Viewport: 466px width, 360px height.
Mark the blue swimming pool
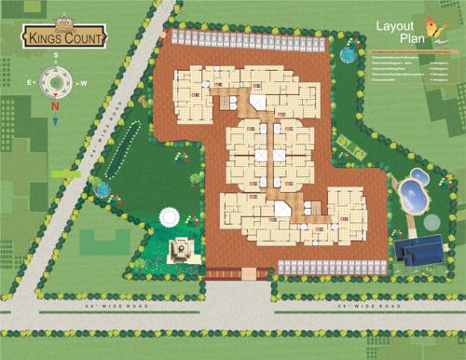click(411, 195)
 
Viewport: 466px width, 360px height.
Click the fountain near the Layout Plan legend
click(347, 56)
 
